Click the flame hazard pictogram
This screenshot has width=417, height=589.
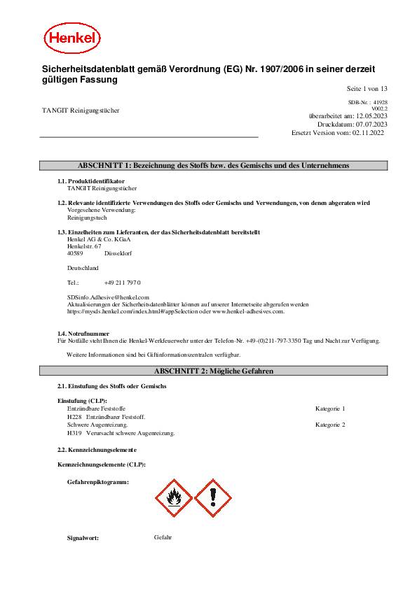pos(172,497)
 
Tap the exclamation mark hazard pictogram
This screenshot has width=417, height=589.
pos(212,497)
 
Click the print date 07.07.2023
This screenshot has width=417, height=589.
pos(371,124)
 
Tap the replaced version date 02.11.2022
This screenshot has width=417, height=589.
pos(371,132)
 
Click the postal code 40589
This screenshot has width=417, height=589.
pos(75,253)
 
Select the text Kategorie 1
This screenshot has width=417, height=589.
pos(330,408)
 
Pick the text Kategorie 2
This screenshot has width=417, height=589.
pos(330,425)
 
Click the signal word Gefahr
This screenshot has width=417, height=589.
pos(163,537)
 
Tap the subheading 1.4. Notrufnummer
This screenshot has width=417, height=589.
pos(83,334)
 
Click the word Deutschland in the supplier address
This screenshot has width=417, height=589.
pos(83,267)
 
